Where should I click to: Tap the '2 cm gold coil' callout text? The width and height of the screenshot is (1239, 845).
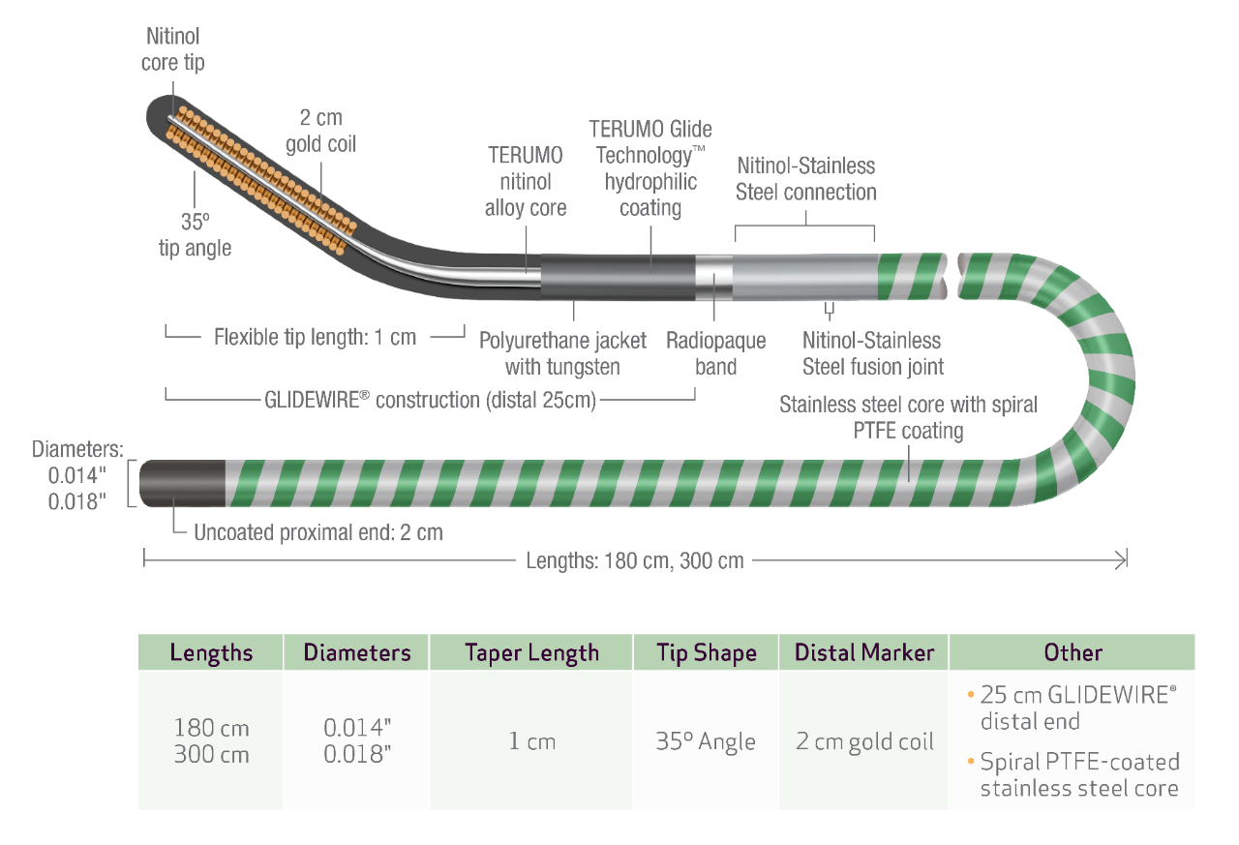(x=320, y=131)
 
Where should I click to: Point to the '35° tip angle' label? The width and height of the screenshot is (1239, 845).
(x=195, y=235)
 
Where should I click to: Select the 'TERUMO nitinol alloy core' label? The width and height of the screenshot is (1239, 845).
(x=526, y=182)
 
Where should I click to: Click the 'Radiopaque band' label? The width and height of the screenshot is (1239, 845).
(x=715, y=353)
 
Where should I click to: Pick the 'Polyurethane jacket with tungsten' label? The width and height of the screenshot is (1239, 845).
(x=562, y=353)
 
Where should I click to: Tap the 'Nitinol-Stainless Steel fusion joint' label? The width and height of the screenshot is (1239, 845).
(x=872, y=353)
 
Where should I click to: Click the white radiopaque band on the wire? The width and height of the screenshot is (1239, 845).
(x=713, y=276)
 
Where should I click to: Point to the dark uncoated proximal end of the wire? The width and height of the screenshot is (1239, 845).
(x=182, y=484)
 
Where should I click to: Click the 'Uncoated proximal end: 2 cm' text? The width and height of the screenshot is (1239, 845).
(x=317, y=532)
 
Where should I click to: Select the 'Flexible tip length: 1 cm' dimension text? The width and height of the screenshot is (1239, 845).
(x=315, y=337)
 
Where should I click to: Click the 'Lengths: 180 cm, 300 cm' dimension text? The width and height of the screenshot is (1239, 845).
(x=635, y=559)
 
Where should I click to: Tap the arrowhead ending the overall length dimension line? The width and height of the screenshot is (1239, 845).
(x=1122, y=558)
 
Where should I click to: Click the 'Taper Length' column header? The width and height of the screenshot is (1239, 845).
(x=531, y=652)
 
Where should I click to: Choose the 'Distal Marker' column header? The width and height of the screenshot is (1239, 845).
(x=864, y=652)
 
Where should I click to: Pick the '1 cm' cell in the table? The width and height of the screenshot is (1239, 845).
(x=531, y=741)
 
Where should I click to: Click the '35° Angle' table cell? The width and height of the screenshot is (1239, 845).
(x=706, y=741)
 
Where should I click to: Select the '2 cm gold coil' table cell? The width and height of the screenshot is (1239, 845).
(x=864, y=741)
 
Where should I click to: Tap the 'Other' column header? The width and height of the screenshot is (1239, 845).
(x=1073, y=652)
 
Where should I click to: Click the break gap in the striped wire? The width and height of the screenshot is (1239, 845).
(x=952, y=275)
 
